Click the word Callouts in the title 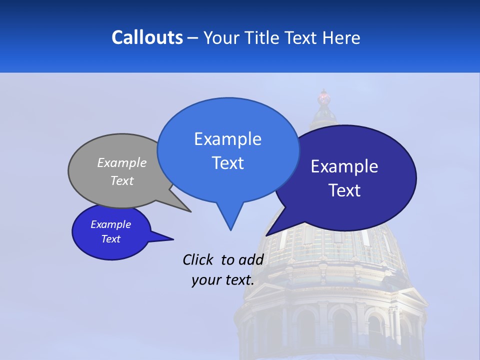click(x=147, y=37)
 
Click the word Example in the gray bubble click(x=121, y=163)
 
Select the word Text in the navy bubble click(x=344, y=190)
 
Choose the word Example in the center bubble click(x=227, y=139)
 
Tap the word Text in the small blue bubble click(x=110, y=239)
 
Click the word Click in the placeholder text click(x=198, y=259)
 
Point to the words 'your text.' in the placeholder click(x=222, y=280)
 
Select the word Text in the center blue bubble click(x=227, y=163)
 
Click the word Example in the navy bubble click(x=344, y=166)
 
